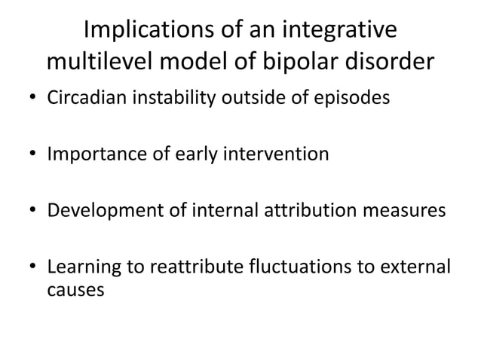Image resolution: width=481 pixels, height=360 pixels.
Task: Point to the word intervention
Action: coord(282,154)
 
